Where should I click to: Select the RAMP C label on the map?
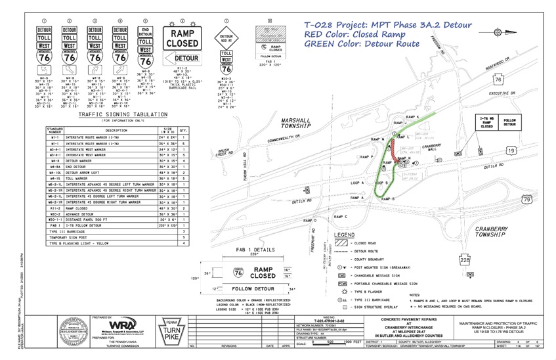(x=341, y=216)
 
